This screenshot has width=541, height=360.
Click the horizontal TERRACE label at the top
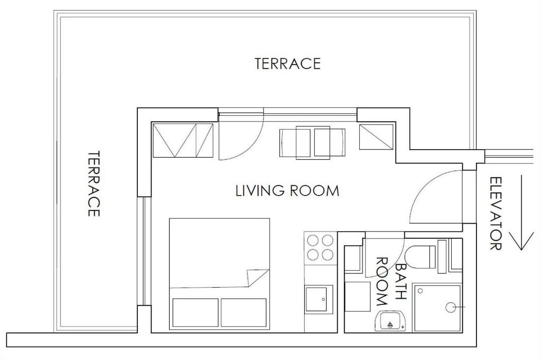(288, 63)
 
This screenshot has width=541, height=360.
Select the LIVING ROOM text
(287, 191)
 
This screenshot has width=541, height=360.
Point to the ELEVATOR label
(496, 214)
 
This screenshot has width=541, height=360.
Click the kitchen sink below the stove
(319, 299)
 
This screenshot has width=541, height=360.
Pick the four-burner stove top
(320, 247)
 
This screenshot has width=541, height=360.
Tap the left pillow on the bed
(195, 312)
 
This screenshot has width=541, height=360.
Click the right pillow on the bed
(244, 312)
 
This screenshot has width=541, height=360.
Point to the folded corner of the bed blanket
(257, 277)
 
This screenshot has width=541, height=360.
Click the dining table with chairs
(312, 143)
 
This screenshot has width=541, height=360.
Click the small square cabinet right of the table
(376, 137)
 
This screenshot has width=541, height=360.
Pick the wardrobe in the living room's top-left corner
(183, 140)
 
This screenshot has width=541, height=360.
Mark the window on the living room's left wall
(144, 251)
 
